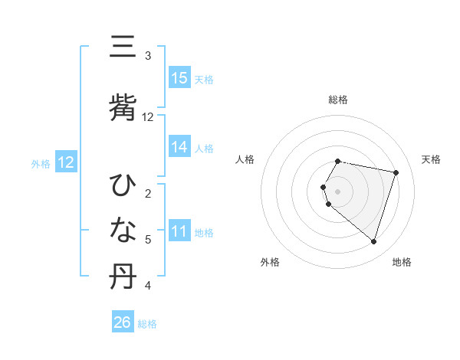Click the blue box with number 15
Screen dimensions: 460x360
179,77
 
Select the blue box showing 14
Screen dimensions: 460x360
179,147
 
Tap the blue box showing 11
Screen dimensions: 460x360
179,231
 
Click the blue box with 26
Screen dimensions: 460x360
123,322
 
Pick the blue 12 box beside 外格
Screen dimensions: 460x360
66,162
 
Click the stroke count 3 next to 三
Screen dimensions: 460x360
148,55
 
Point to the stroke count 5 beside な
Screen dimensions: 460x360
148,240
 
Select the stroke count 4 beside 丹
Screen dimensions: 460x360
148,286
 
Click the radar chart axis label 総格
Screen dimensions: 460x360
338,100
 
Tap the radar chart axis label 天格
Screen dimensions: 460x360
432,159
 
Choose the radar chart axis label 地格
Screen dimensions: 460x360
402,262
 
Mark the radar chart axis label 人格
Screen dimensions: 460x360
245,159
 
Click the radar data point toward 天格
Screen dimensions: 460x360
396,172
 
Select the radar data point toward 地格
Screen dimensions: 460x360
373,242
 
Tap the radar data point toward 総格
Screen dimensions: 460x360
338,161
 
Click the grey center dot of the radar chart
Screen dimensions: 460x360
338,191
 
